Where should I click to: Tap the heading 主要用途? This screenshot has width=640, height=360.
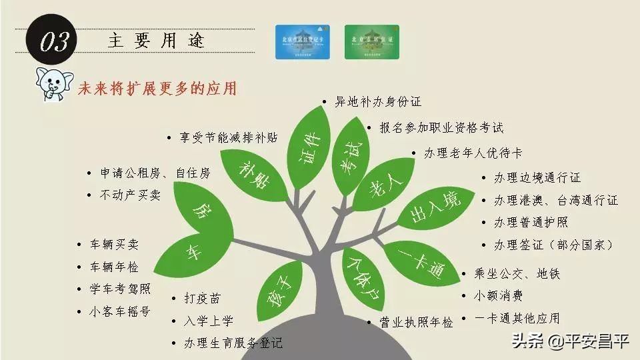click(156, 41)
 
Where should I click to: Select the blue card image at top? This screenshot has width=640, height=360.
click(303, 42)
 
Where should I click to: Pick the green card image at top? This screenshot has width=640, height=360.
click(371, 42)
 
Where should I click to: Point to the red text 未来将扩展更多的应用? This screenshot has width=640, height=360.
click(157, 88)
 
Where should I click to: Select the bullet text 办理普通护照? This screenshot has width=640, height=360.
click(531, 222)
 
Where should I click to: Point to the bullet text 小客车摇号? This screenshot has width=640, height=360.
click(120, 311)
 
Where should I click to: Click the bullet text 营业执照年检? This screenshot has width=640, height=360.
click(416, 323)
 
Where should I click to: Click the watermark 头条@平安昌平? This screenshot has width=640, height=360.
click(570, 342)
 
